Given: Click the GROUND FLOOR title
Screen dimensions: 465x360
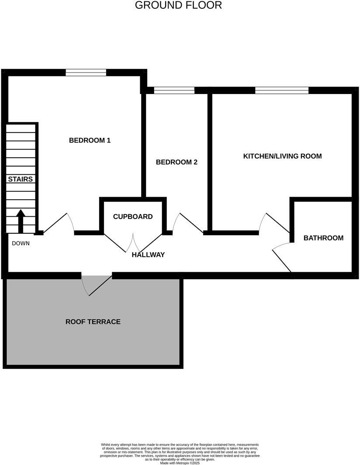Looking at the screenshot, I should point(178,6).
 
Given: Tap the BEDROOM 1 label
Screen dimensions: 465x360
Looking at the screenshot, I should point(90,140).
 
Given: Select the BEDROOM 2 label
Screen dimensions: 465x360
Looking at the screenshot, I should point(177,162).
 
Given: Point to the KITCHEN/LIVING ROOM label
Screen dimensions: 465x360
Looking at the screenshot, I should point(282,156).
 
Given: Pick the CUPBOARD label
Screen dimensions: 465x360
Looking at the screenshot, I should point(133,217).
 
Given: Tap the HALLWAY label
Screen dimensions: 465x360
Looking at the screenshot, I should point(148,255).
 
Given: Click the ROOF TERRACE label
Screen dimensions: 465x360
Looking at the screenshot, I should point(93,322).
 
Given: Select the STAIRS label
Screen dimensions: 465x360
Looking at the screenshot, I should point(20,179).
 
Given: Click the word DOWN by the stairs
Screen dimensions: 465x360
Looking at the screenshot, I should point(21,243).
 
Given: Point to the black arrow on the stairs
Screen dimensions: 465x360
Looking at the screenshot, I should point(21,221).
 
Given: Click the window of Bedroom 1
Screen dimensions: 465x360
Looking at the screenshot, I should point(86,73).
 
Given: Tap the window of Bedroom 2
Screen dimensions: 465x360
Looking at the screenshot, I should point(174,90).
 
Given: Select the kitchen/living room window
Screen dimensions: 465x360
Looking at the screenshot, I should point(282,90).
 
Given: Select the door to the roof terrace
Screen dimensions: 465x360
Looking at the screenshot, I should point(97,284).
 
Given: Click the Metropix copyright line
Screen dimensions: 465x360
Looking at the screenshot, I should point(180,462).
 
